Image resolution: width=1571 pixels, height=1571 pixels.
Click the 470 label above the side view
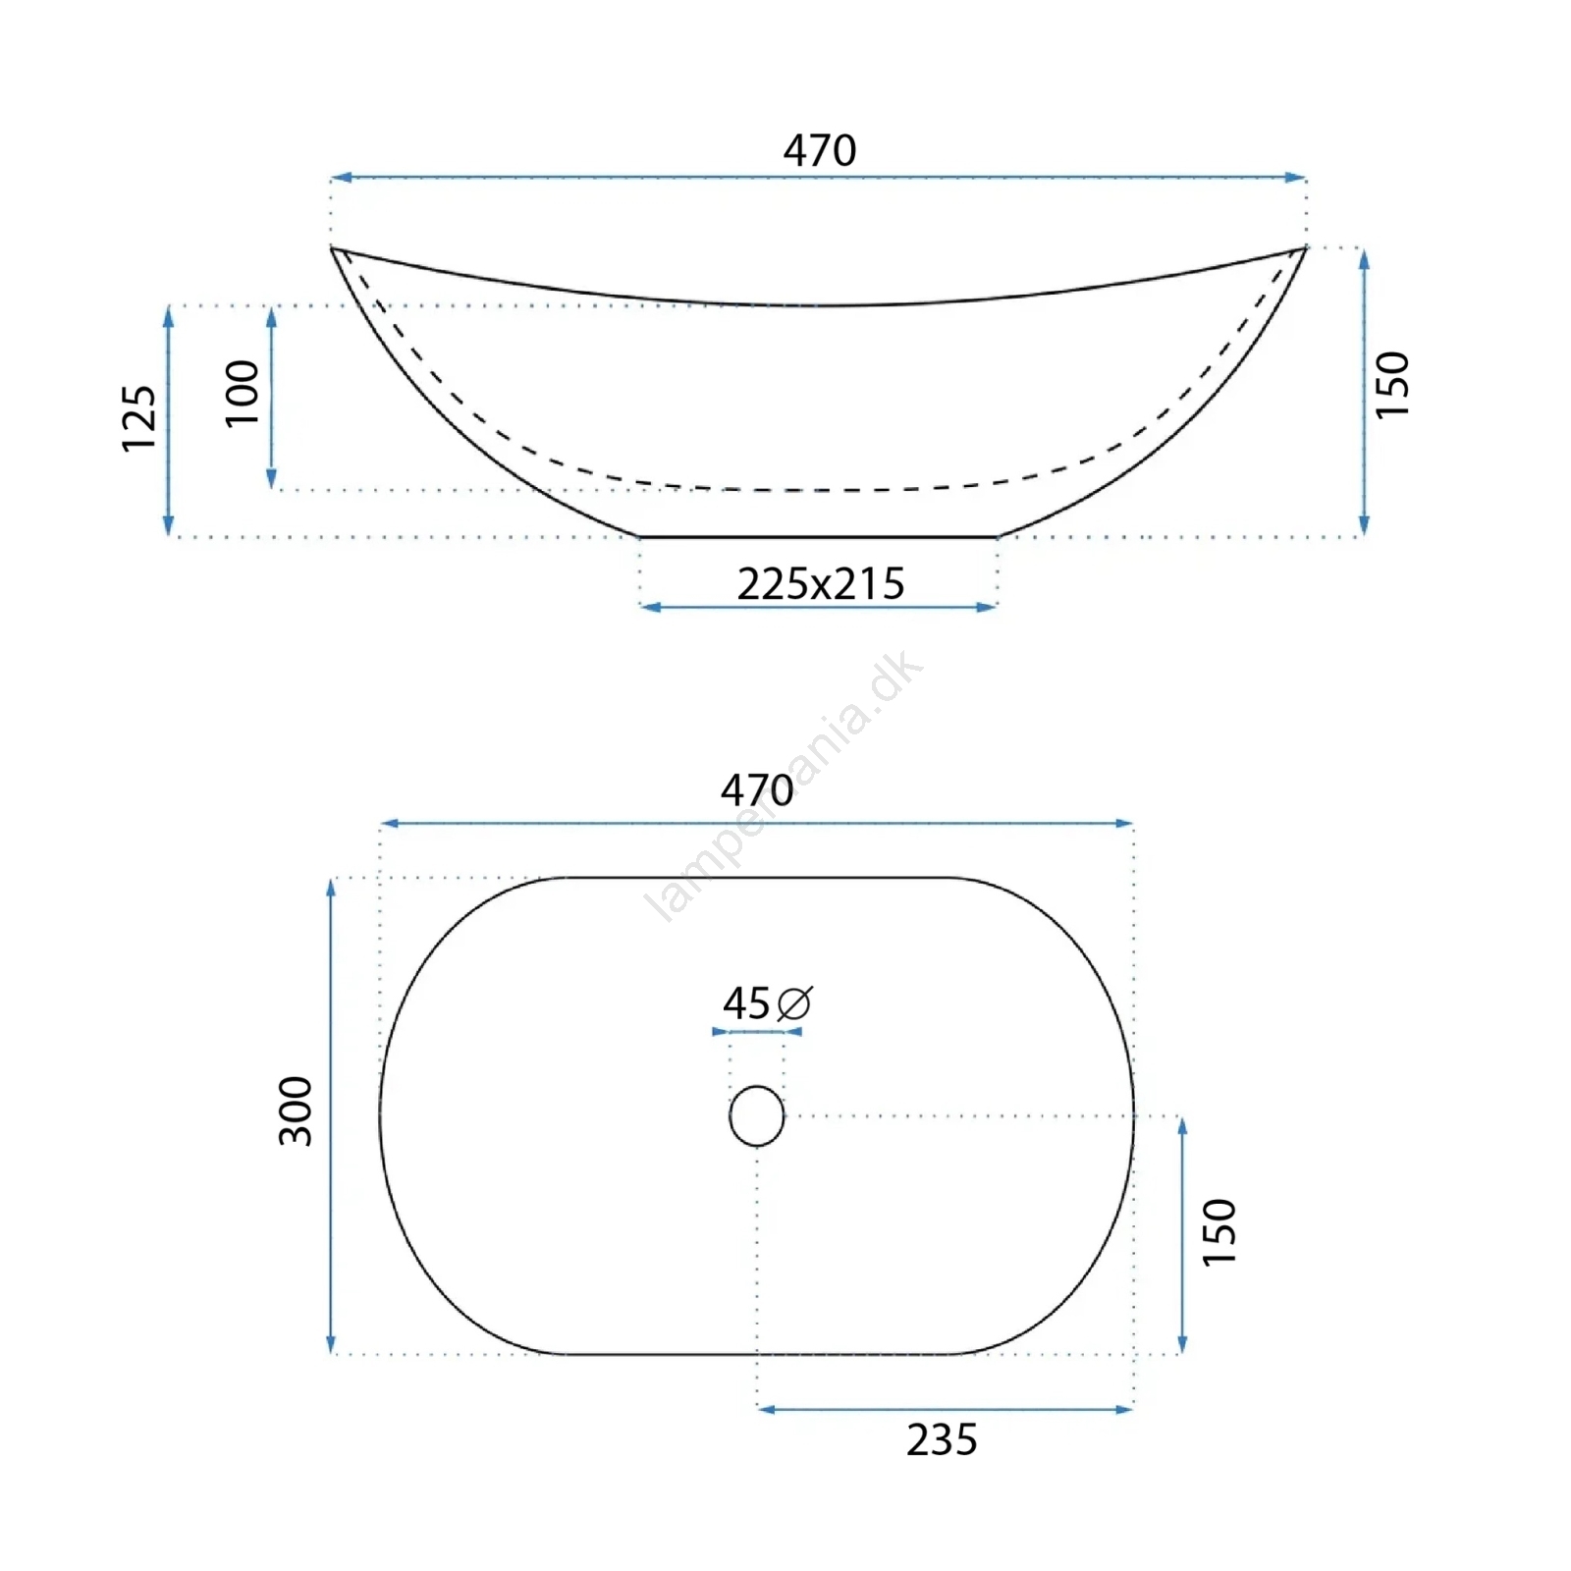coord(820,150)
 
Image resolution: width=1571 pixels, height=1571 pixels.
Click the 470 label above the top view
coord(757,790)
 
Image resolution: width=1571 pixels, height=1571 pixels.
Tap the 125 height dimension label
coord(139,418)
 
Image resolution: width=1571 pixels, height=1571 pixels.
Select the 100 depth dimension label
coord(243,394)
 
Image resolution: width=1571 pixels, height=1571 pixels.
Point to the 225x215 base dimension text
coord(821,584)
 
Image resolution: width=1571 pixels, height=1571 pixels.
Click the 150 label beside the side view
coord(1392,385)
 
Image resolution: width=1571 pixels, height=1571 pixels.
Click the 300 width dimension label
coord(296,1111)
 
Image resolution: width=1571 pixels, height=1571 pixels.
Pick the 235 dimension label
coord(942,1440)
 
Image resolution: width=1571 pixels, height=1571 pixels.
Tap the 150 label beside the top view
coord(1219,1232)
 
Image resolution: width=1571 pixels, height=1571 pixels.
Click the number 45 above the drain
coord(746,1003)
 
